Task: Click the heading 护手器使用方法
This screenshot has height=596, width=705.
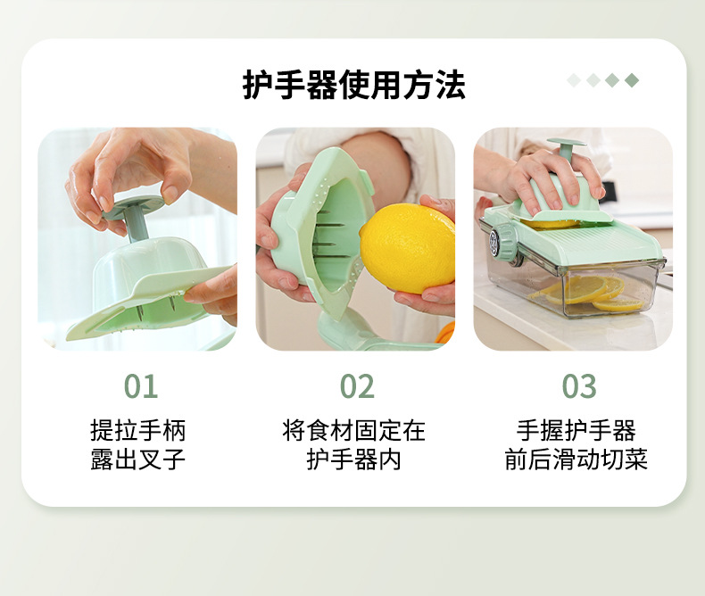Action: click(x=354, y=85)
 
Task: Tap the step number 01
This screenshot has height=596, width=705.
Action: click(x=141, y=386)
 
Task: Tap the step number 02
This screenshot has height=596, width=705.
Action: click(x=357, y=386)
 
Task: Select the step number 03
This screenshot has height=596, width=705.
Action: click(x=579, y=386)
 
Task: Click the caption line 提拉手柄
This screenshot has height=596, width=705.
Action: click(x=137, y=430)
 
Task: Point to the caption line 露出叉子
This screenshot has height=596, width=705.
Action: click(x=137, y=459)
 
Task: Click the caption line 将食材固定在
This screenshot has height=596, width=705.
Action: click(x=354, y=430)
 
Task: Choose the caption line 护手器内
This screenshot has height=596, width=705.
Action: click(x=354, y=459)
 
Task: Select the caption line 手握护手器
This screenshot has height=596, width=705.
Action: click(x=576, y=430)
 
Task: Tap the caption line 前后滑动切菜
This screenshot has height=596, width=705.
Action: click(x=576, y=459)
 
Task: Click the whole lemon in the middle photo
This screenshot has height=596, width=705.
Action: click(x=407, y=248)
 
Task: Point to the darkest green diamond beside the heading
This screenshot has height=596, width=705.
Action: click(x=632, y=80)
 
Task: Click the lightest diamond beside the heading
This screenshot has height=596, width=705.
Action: click(x=574, y=80)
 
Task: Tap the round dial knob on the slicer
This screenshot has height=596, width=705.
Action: click(x=503, y=242)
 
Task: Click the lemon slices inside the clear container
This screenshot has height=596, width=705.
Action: click(x=590, y=294)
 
